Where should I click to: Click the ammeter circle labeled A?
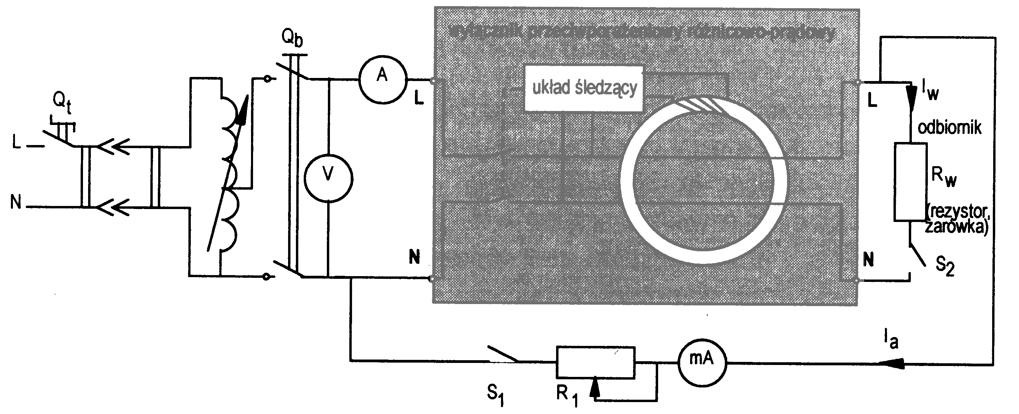pos(383,79)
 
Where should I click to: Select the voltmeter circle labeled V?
pos(328,178)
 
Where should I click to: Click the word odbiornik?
pos(949,128)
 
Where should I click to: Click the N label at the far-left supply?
pos(16,203)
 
